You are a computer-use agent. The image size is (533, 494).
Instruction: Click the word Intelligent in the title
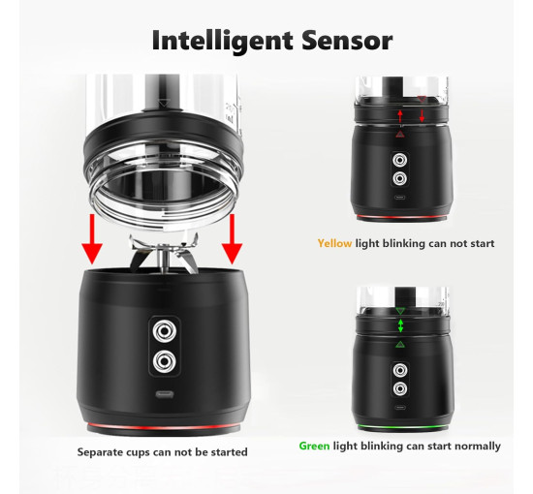pos(223,42)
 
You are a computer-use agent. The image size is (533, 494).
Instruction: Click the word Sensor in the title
pos(347,41)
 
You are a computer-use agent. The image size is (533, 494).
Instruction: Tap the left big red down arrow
pos(92,239)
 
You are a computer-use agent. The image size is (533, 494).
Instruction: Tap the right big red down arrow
pos(233,239)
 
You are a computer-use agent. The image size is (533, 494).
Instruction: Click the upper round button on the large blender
pos(165,330)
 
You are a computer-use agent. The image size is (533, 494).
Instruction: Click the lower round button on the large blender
pos(165,361)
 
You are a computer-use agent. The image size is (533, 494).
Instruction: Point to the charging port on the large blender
pos(165,394)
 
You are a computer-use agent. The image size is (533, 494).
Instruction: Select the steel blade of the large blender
pos(163,253)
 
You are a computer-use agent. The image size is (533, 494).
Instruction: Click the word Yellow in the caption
pos(334,243)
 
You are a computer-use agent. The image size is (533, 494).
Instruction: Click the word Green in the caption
pos(314,446)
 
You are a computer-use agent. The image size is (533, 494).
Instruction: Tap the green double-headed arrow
pos(400,325)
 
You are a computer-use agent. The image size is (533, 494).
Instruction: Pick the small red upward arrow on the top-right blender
pos(400,116)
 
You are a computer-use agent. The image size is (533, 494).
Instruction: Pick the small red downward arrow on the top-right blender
pos(422,116)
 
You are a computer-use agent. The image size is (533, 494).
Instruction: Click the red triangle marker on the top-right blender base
pos(400,135)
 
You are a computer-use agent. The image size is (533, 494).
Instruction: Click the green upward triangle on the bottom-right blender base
pos(400,345)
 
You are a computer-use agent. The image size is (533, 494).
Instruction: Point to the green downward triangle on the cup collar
pos(400,311)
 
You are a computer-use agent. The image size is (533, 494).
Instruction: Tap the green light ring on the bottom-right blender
pos(401,426)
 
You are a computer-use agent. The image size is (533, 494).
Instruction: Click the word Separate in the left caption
pos(100,452)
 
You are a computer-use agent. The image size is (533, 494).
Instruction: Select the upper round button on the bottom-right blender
pos(400,370)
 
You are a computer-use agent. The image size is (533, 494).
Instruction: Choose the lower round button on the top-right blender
pos(399,178)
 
